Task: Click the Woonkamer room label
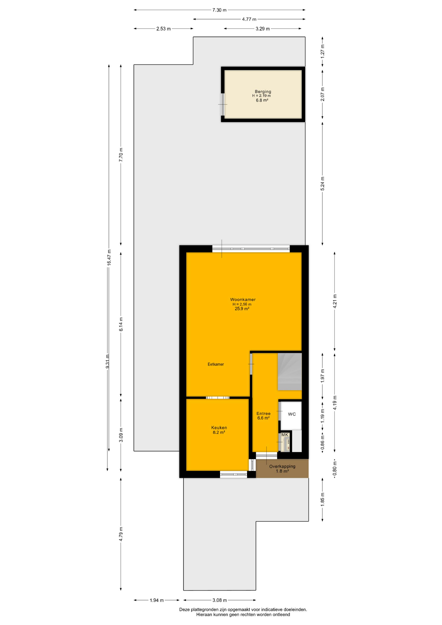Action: pyautogui.click(x=243, y=299)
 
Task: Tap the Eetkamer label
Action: pyautogui.click(x=216, y=364)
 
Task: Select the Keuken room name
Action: pyautogui.click(x=219, y=428)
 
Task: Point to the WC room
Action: pyautogui.click(x=291, y=415)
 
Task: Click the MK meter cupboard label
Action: pyautogui.click(x=285, y=435)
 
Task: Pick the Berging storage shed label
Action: pyautogui.click(x=263, y=91)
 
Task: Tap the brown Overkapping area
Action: pyautogui.click(x=282, y=468)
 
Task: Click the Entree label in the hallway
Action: pyautogui.click(x=263, y=413)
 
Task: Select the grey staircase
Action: pyautogui.click(x=290, y=372)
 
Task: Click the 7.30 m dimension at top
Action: pyautogui.click(x=219, y=10)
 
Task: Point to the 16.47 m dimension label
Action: pyautogui.click(x=109, y=257)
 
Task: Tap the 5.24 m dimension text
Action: pyautogui.click(x=323, y=184)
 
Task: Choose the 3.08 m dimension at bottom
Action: pyautogui.click(x=220, y=600)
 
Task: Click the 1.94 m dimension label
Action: pyautogui.click(x=157, y=600)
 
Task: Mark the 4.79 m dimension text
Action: pyautogui.click(x=121, y=534)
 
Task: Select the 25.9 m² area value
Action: pyautogui.click(x=242, y=309)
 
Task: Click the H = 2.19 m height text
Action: pyautogui.click(x=261, y=96)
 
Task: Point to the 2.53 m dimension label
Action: pyautogui.click(x=163, y=29)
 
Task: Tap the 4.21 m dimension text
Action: pyautogui.click(x=335, y=301)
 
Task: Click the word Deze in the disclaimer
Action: pyautogui.click(x=185, y=610)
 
